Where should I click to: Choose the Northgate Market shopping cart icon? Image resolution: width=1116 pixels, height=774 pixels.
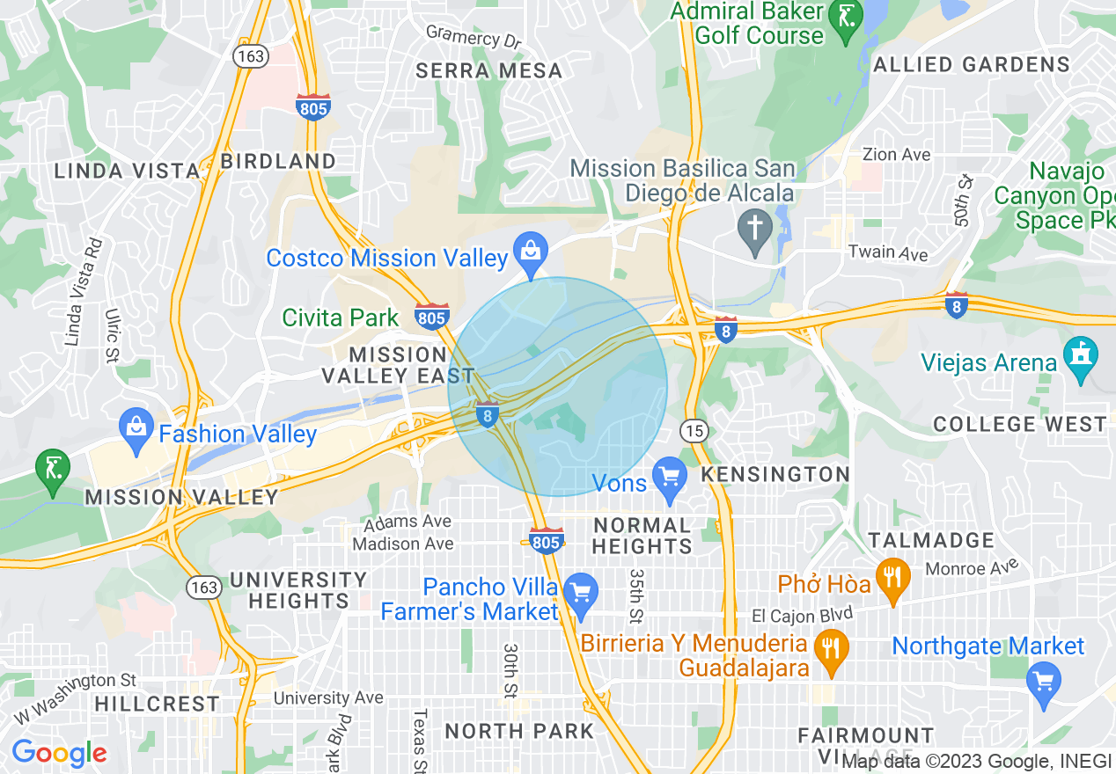(x=1044, y=679)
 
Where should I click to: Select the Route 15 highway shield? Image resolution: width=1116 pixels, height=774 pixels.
(x=694, y=430)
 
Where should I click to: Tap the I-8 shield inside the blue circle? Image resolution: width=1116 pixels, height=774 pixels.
(x=488, y=414)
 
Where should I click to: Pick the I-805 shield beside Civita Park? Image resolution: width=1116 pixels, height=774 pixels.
(x=432, y=317)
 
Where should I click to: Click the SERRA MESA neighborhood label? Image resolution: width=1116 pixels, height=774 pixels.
(x=488, y=71)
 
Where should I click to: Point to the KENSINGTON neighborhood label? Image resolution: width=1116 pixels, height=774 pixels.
(x=775, y=474)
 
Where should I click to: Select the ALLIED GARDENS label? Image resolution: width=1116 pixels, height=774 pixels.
(x=972, y=64)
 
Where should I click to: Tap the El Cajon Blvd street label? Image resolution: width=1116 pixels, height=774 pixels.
(x=802, y=613)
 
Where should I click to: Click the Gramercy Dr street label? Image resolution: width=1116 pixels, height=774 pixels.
(x=474, y=37)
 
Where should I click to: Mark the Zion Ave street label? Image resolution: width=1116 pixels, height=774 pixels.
(x=896, y=155)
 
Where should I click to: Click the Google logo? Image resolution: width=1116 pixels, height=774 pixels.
(x=58, y=754)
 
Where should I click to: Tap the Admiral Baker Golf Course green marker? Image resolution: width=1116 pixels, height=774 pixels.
(x=847, y=23)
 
